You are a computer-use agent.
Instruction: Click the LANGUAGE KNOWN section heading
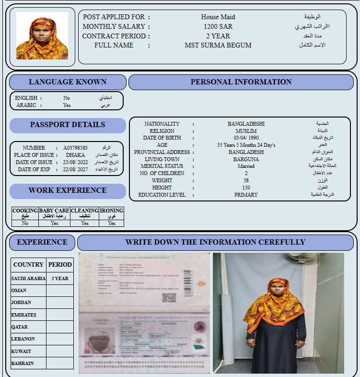tap(68, 82)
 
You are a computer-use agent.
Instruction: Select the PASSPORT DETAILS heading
tap(68, 125)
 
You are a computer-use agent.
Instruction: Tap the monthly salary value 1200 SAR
tap(218, 26)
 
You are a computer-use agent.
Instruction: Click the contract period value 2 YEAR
tap(218, 36)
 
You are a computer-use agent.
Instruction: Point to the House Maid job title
tap(218, 17)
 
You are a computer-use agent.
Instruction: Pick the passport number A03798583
tap(75, 148)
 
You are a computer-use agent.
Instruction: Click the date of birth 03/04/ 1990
tap(246, 138)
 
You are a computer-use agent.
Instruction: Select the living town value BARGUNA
tap(246, 159)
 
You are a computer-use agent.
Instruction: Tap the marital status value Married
tap(246, 166)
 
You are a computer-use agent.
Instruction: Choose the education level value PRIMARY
tap(246, 195)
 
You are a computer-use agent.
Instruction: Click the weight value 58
tap(246, 180)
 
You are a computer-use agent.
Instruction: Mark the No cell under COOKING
tap(25, 223)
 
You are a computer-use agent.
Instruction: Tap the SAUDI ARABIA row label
tap(28, 278)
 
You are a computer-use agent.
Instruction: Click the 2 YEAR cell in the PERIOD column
tap(60, 278)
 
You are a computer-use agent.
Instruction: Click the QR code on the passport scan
tap(169, 297)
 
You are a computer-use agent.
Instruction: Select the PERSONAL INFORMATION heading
tap(241, 82)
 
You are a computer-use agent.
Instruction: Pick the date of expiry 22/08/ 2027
tap(75, 169)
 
